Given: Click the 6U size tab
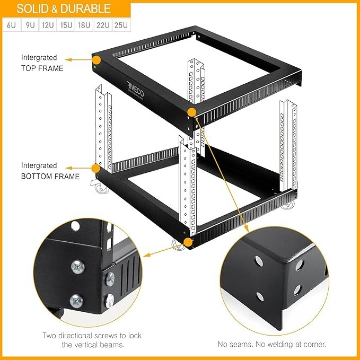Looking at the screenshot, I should click(11, 25).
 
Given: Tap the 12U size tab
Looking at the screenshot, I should click(47, 25).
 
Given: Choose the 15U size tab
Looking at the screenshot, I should click(66, 25).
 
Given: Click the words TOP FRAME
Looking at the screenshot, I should click(42, 68).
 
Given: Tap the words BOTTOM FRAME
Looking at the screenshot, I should click(50, 177).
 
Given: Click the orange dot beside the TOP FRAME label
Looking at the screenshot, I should click(96, 60).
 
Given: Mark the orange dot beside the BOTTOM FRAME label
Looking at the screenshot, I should click(96, 169).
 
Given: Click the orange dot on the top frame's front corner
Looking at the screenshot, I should click(192, 112).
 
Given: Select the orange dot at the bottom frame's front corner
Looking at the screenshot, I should click(188, 242).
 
